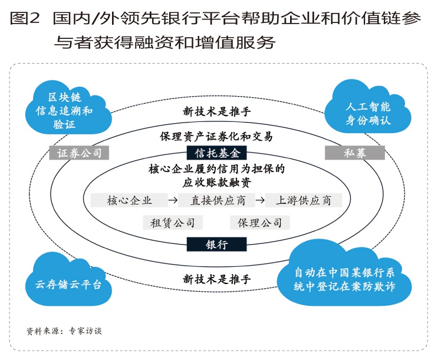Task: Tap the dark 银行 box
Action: coord(216,244)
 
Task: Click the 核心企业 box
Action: coord(129,200)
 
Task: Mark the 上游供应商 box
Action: coord(303,200)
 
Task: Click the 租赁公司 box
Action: coord(173,223)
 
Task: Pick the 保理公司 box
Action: coord(260,223)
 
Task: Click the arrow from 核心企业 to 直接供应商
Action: coord(173,200)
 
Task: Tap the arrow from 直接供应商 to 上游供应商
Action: coord(259,200)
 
